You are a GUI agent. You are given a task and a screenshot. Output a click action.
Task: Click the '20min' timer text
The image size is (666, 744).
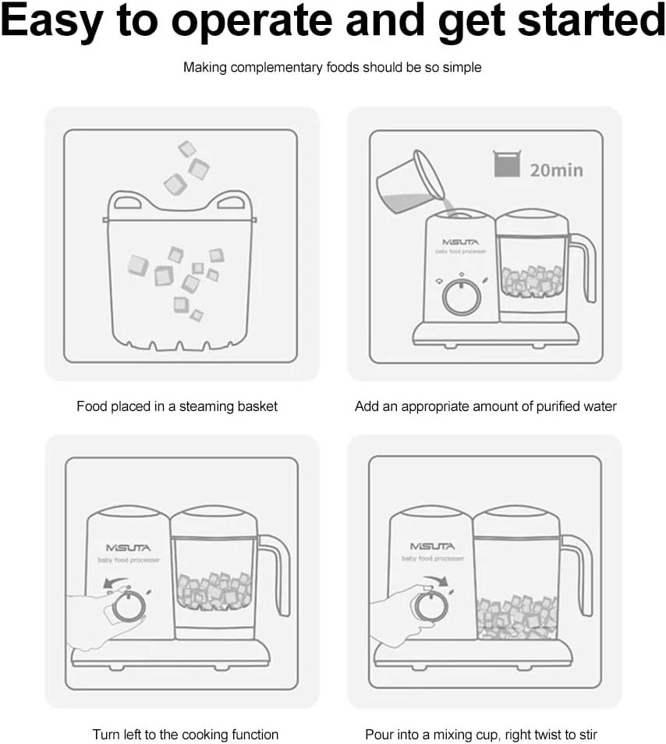[x=556, y=170]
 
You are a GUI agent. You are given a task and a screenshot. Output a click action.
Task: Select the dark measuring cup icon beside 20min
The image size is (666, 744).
[x=507, y=164]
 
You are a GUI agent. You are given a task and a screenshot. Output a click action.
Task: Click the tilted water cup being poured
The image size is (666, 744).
[x=410, y=182]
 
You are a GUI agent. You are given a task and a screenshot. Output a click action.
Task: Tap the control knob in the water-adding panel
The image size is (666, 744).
[x=462, y=297]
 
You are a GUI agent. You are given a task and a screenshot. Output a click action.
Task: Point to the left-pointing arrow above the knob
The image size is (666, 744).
[x=115, y=581]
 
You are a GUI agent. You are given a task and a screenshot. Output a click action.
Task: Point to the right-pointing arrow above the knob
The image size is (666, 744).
[x=436, y=580]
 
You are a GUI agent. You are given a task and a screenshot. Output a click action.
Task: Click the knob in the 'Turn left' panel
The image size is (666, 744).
[x=129, y=607]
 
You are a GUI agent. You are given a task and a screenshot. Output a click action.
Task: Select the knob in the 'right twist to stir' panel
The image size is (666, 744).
[x=430, y=607]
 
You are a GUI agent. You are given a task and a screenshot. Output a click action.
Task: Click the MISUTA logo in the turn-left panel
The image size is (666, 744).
[x=128, y=548]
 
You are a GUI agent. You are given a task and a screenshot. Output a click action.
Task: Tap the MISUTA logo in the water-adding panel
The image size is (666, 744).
[x=460, y=243]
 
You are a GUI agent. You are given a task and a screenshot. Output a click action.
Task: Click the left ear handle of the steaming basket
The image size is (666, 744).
[x=128, y=203]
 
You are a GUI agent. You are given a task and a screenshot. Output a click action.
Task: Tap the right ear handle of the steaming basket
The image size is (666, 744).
[x=231, y=203]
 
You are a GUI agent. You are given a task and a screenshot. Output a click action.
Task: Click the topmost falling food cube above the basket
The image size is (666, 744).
[x=187, y=149]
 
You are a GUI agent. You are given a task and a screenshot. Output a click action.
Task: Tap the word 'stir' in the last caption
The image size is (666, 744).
[x=587, y=735]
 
